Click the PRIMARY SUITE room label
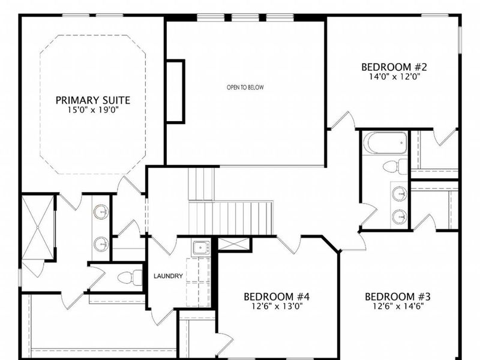93,100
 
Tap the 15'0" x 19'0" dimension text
93,110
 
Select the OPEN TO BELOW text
245,88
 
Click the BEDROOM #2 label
394,67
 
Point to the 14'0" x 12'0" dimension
394,77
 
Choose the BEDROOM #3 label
398,296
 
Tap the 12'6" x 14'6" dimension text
398,306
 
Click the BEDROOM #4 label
276,296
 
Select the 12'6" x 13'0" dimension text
276,306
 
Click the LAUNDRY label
168,277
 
